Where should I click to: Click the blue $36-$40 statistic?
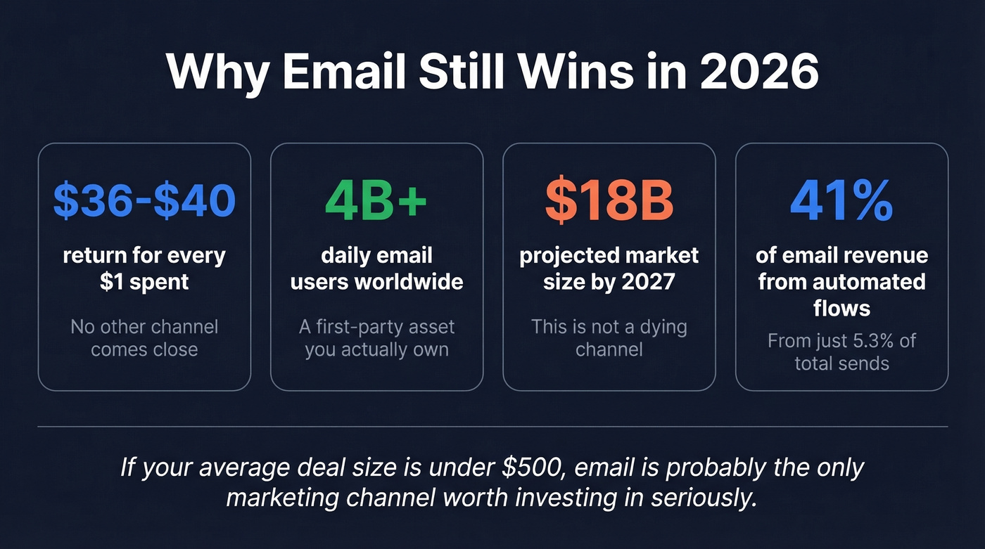(144, 200)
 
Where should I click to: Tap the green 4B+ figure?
(376, 200)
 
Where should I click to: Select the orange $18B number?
(609, 200)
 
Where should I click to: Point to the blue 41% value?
(841, 200)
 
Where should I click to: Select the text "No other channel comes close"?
(144, 338)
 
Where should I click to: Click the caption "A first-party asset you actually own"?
(376, 338)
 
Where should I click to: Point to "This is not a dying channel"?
(609, 338)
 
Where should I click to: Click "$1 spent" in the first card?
(144, 282)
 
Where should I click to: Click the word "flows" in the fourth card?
(841, 308)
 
